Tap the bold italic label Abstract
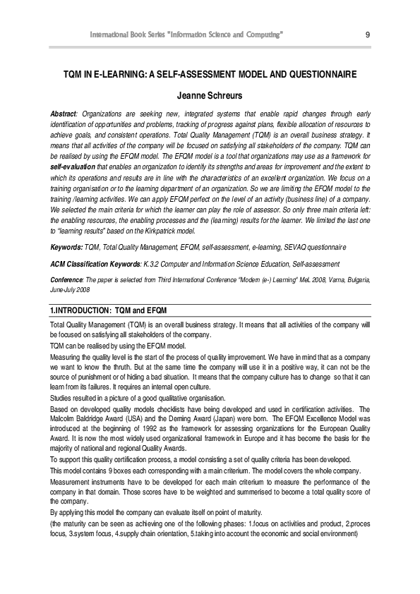tap(64, 114)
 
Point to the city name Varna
tap(331, 279)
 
